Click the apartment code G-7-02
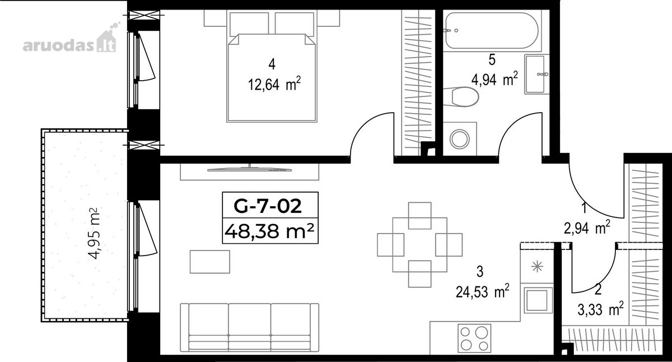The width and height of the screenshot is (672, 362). [268, 206]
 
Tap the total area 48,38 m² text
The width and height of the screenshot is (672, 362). [269, 231]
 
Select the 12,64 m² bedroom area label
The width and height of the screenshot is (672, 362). [274, 84]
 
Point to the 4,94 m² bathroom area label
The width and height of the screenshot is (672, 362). [494, 79]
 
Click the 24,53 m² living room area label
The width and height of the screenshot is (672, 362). [482, 291]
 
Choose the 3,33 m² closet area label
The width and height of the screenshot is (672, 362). [600, 309]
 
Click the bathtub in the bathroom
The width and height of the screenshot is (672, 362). [492, 31]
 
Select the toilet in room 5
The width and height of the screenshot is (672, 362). [461, 96]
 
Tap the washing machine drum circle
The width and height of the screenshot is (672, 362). [460, 139]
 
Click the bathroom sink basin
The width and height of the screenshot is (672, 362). [535, 74]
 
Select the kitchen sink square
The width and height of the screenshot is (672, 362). [538, 300]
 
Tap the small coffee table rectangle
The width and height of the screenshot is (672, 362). [210, 262]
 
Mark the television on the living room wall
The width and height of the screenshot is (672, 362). [249, 169]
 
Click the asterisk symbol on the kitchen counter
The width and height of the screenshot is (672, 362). [537, 267]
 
